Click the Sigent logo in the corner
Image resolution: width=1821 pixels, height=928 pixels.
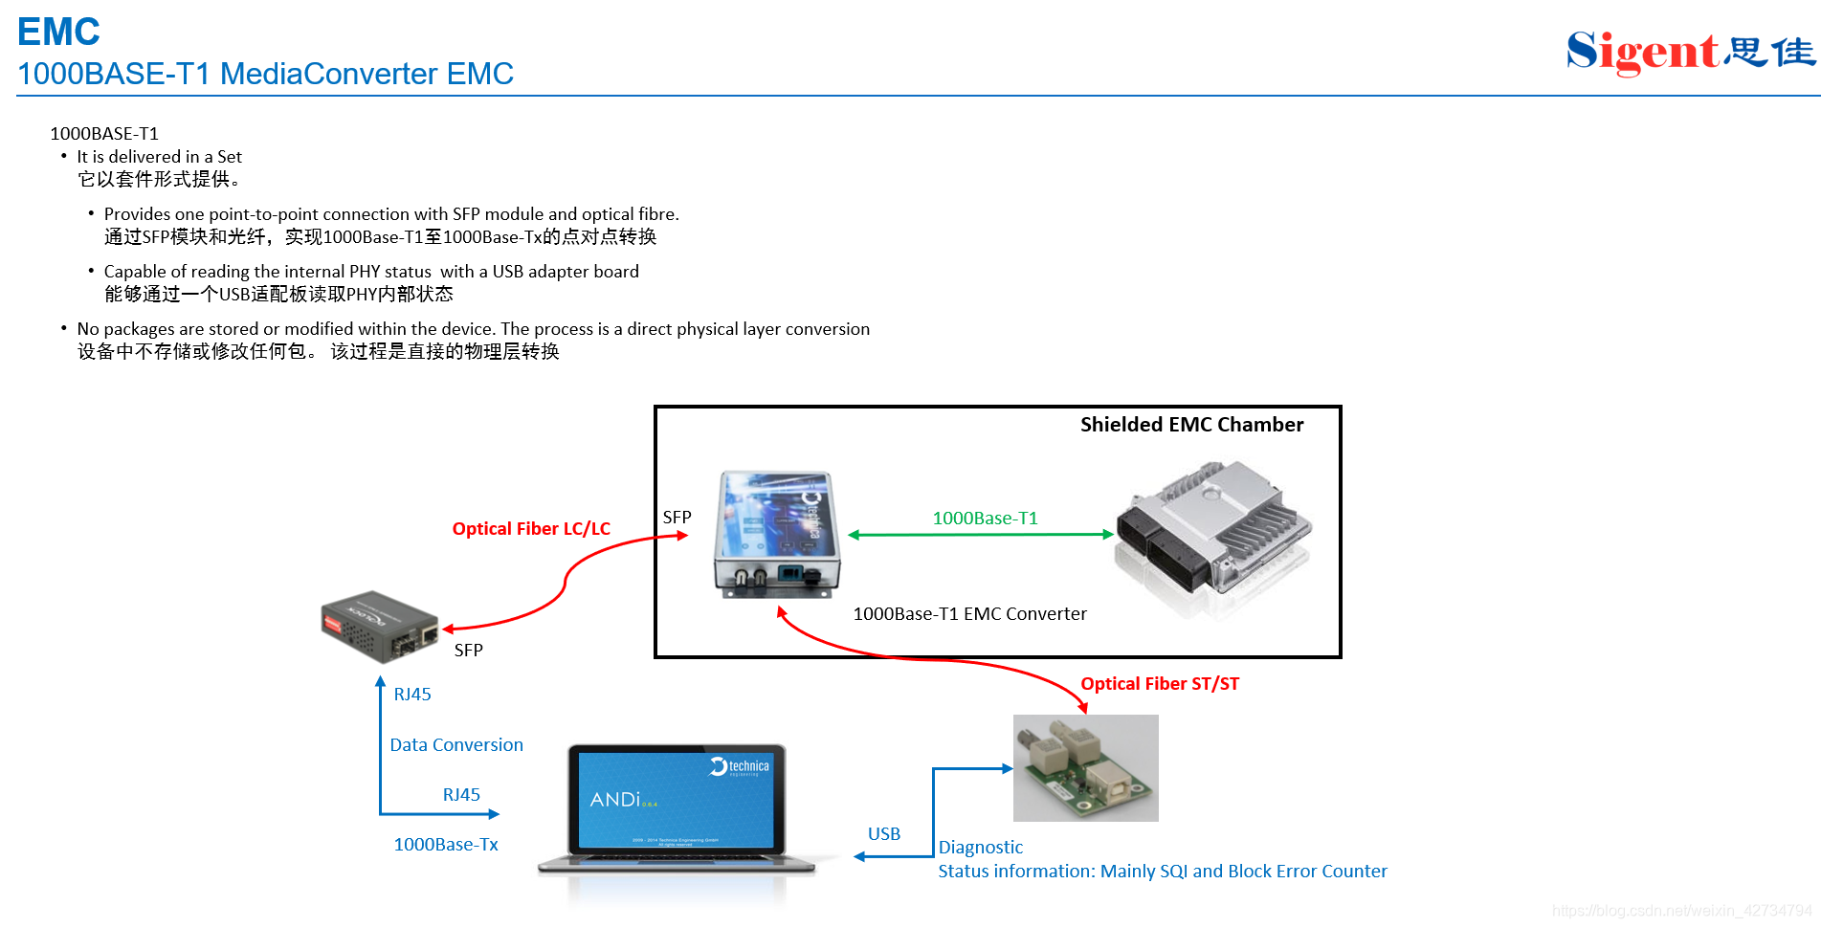click(1689, 52)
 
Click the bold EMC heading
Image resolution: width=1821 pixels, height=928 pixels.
click(58, 33)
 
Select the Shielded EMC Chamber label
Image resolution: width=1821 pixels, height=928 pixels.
click(1191, 425)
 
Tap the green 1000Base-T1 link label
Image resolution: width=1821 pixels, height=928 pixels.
click(985, 519)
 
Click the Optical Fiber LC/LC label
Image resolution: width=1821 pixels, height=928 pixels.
click(531, 529)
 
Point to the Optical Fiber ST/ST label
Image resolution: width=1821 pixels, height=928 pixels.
click(1159, 684)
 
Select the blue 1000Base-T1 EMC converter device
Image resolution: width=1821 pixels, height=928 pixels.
click(776, 533)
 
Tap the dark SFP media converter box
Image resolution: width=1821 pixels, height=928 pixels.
click(380, 625)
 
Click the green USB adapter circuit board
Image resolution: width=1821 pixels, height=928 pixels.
click(1085, 767)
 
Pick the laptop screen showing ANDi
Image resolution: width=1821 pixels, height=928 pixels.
click(676, 799)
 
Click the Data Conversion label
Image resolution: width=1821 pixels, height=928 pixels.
click(456, 745)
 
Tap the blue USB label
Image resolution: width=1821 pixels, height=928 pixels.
click(883, 834)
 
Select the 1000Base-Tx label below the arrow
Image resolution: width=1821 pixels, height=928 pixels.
click(446, 845)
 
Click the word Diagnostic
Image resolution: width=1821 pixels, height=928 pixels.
click(980, 848)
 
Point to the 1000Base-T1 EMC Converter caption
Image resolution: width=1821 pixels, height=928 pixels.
click(969, 614)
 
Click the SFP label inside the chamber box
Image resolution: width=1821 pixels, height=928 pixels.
click(677, 518)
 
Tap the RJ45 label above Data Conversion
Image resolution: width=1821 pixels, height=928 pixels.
click(412, 695)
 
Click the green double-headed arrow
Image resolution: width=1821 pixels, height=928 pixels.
click(981, 535)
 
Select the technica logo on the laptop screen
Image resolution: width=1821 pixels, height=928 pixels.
click(740, 767)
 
